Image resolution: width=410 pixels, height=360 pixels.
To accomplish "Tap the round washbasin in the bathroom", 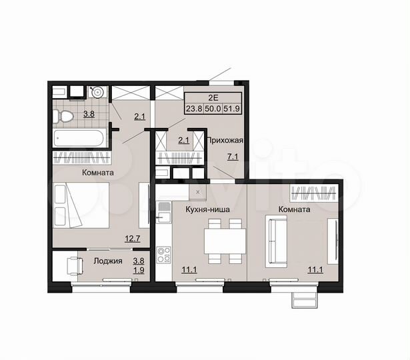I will [97, 92].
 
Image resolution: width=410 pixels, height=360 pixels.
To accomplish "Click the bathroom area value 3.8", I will [88, 115].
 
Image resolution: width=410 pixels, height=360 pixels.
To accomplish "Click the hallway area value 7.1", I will [233, 157].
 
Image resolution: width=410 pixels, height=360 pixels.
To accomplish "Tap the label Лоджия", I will [108, 261].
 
